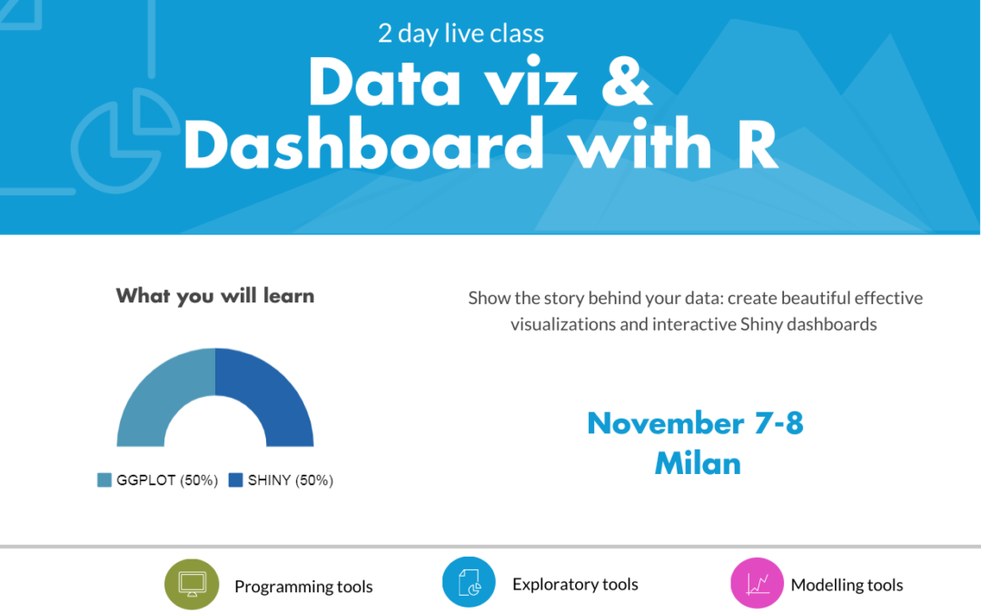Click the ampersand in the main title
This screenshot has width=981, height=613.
click(x=626, y=82)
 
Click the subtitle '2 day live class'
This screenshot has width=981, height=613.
click(x=461, y=34)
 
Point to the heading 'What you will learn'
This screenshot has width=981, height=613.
click(x=215, y=295)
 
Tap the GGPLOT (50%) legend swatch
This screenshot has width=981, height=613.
click(x=104, y=480)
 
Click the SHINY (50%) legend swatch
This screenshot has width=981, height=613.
click(x=235, y=480)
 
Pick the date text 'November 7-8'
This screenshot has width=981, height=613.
click(x=695, y=423)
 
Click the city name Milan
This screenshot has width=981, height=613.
click(x=698, y=463)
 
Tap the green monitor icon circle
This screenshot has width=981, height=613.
click(x=192, y=584)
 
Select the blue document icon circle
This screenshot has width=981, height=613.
click(x=469, y=582)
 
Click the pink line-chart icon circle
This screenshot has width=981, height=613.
click(x=757, y=584)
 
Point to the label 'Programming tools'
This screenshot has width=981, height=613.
click(x=303, y=587)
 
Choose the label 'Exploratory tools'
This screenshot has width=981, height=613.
click(x=575, y=584)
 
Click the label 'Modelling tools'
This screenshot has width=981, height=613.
click(x=847, y=585)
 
